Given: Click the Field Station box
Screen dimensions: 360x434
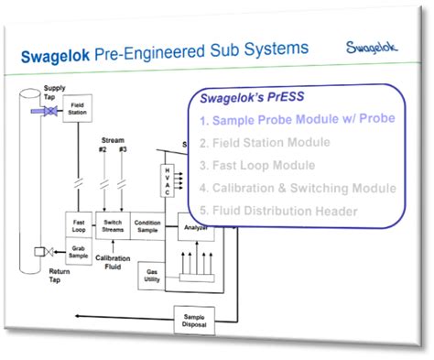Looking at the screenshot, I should pyautogui.click(x=77, y=110).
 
